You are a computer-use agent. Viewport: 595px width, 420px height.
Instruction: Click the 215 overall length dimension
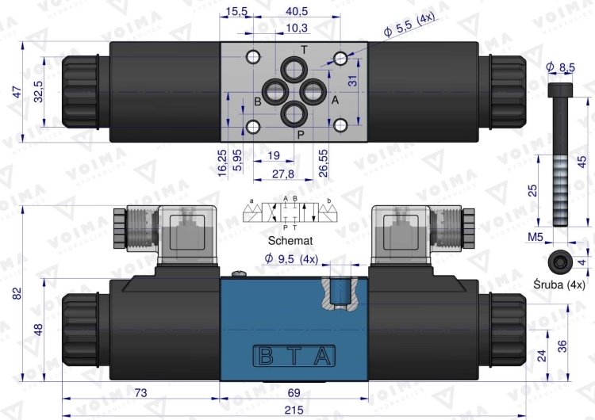295,410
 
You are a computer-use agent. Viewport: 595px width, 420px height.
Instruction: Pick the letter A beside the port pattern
335,101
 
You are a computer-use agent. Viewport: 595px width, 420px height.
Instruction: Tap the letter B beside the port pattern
258,101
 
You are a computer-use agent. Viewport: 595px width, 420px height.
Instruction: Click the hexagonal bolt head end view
559,261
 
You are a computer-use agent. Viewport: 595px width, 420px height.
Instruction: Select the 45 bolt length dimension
582,162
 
